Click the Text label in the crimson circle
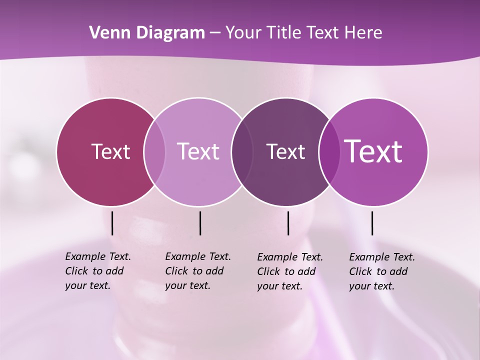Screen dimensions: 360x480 [110, 151]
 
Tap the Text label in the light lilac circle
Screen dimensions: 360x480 [198, 151]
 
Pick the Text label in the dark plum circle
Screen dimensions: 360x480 [285, 151]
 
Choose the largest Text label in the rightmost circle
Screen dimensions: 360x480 [373, 151]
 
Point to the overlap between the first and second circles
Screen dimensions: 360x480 [154, 152]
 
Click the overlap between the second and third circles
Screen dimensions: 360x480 [242, 152]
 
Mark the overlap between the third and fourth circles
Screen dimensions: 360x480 [329, 152]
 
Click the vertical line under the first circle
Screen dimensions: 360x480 [112, 223]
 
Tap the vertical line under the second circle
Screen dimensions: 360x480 [200, 223]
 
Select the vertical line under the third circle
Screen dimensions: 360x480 [288, 223]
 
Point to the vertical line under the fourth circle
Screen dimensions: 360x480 [372, 223]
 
